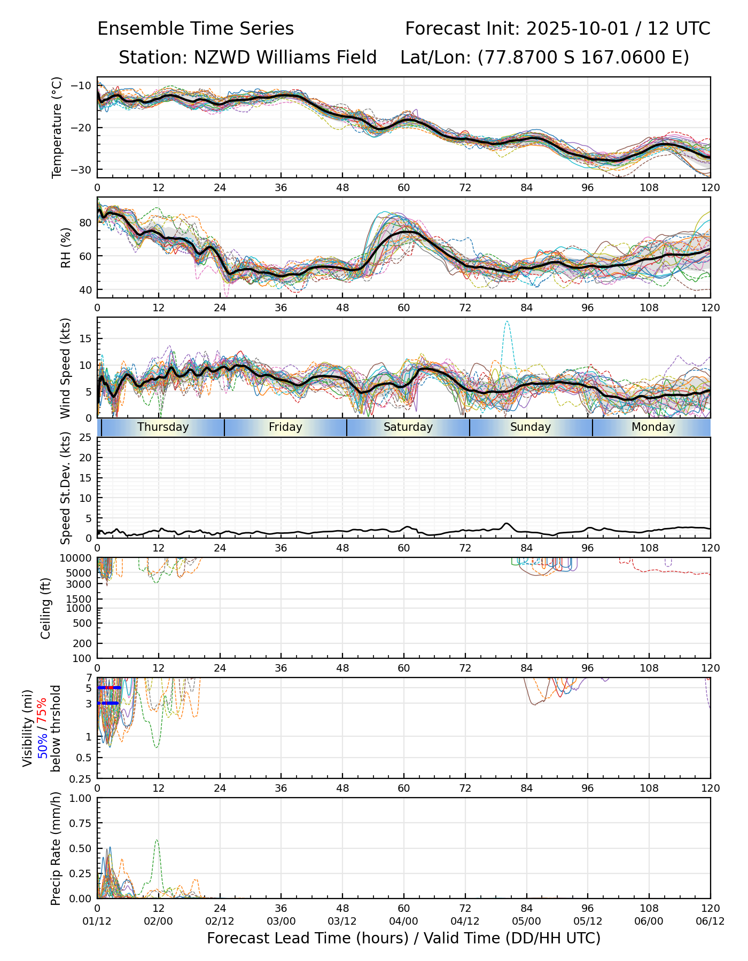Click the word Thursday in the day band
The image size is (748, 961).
(163, 427)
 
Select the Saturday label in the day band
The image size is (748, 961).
(408, 427)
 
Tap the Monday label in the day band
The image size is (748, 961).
(653, 427)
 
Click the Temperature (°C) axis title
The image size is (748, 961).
(57, 127)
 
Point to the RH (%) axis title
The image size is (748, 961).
(66, 248)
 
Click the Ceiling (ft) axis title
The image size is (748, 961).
(46, 608)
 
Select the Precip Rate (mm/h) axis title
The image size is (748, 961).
(56, 848)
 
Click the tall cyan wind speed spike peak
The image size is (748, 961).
(507, 321)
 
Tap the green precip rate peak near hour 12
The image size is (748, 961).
(157, 840)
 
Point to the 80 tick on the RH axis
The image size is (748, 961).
(86, 222)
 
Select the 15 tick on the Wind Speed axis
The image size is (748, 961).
(86, 338)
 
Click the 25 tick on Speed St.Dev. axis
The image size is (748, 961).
(86, 438)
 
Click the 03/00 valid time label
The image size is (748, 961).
(281, 921)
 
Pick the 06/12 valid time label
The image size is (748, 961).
(710, 921)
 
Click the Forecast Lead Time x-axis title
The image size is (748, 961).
(403, 938)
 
